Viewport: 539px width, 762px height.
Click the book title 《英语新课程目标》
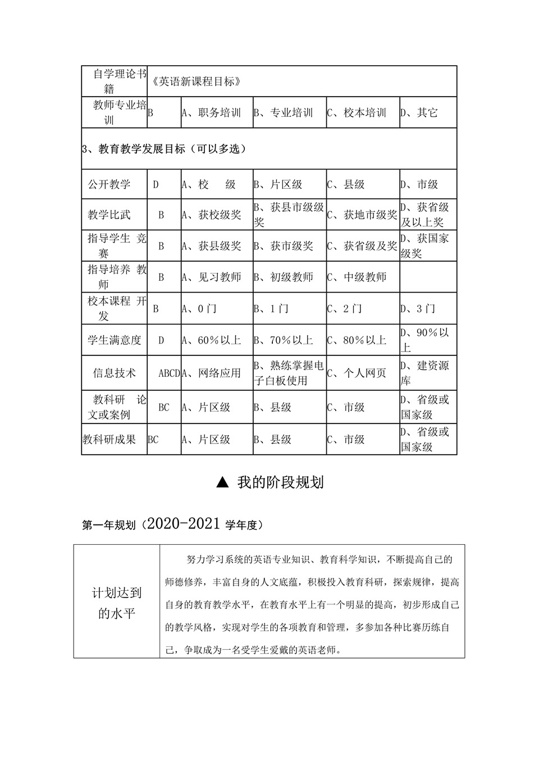tap(197, 81)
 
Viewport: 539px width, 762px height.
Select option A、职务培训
tap(211, 113)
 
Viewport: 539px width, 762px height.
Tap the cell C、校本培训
tap(357, 113)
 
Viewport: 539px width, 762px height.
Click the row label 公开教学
tap(109, 184)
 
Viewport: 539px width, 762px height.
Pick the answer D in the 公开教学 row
tap(156, 184)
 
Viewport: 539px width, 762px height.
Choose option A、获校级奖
tap(211, 215)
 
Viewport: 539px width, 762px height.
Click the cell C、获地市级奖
tap(362, 215)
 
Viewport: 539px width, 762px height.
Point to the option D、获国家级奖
tap(424, 246)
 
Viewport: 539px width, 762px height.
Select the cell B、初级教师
tap(284, 277)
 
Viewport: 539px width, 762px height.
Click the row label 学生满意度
tap(115, 340)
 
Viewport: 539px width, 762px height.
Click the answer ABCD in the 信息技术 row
tap(169, 373)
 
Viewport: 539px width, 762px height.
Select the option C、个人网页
tap(357, 373)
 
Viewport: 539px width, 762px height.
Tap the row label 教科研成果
tap(109, 440)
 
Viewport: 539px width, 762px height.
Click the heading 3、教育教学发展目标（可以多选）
tap(165, 149)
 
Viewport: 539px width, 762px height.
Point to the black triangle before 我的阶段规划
tap(222, 482)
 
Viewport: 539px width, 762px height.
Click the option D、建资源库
tap(424, 373)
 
